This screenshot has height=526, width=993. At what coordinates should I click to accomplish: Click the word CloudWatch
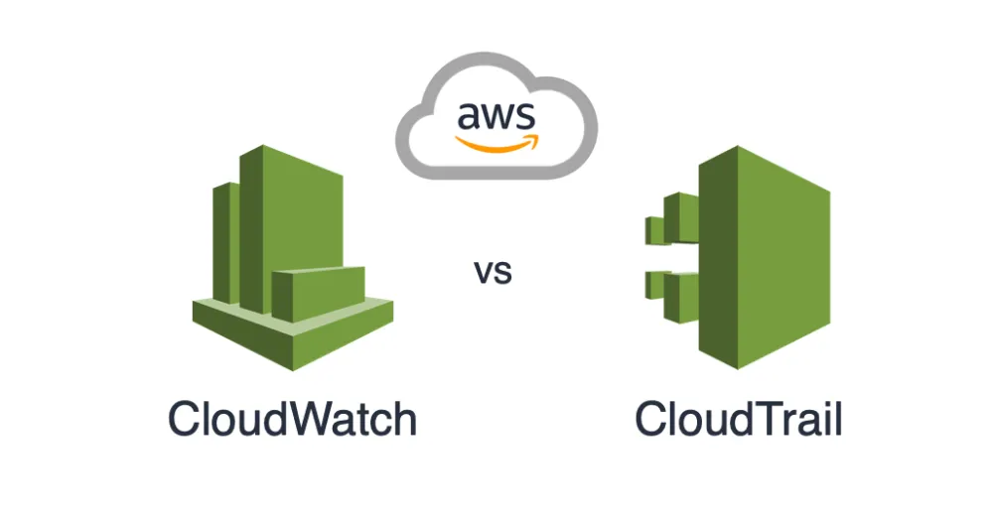pyautogui.click(x=292, y=419)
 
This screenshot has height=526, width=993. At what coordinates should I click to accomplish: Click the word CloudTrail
pyautogui.click(x=739, y=419)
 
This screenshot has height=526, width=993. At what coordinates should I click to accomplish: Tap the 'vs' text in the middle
pyautogui.click(x=493, y=271)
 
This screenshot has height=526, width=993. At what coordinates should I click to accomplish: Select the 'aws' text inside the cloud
pyautogui.click(x=496, y=117)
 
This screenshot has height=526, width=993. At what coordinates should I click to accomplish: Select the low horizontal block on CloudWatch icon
pyautogui.click(x=318, y=295)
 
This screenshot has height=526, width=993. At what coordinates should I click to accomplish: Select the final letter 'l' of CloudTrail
pyautogui.click(x=838, y=419)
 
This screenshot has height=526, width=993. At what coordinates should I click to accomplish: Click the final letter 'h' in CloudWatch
pyautogui.click(x=402, y=419)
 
